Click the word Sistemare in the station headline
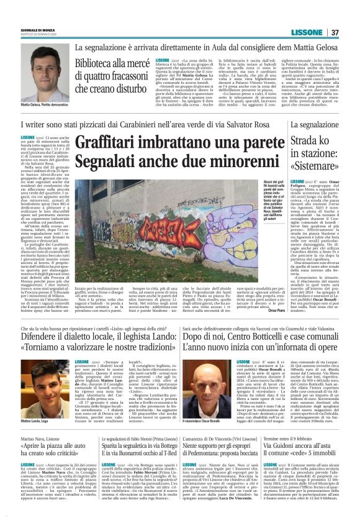coord(321,167)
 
